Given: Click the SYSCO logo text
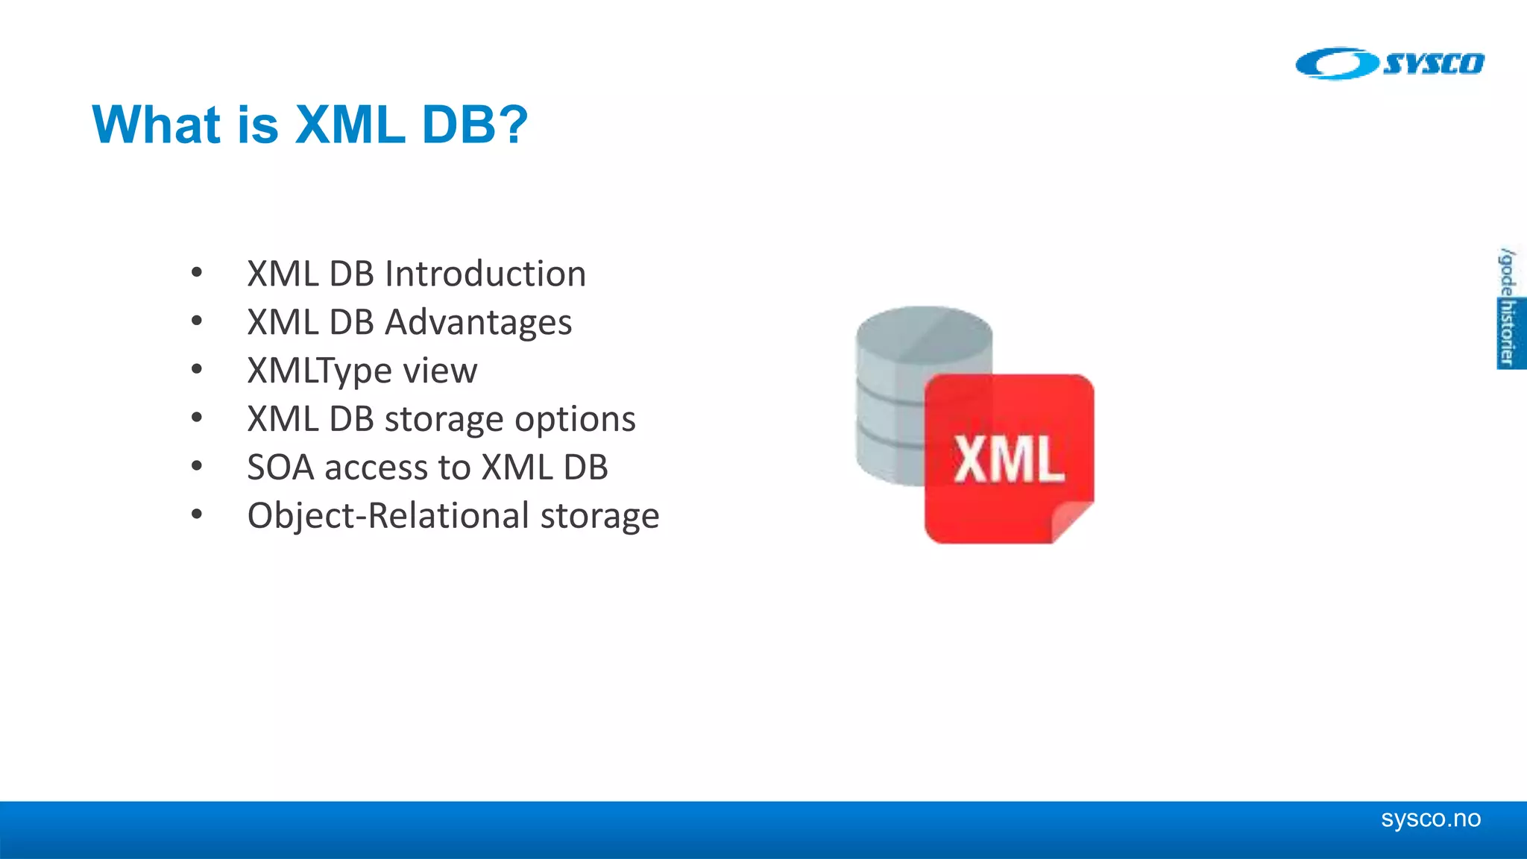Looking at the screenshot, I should pos(1433,64).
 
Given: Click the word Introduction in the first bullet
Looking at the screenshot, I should pos(485,274).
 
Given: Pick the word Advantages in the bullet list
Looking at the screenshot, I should pos(478,323).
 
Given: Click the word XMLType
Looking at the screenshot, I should pos(320,371).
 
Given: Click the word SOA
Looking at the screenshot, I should pos(280,468).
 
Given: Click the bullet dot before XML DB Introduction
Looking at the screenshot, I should pos(197,272).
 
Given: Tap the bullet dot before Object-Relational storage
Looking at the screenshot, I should pos(197,514).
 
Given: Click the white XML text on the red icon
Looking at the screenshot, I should pos(1009,459).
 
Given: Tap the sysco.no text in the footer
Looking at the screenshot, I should pos(1430,819).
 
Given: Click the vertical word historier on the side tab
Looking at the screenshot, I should pos(1508,333).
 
